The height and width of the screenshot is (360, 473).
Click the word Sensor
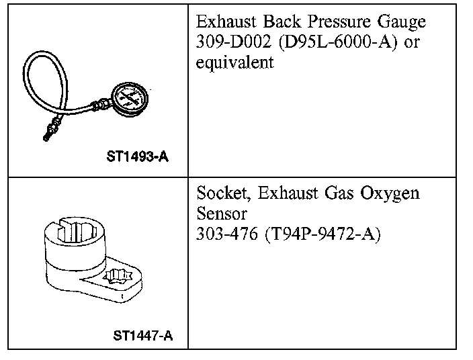(x=222, y=215)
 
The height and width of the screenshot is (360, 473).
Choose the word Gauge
(x=401, y=21)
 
